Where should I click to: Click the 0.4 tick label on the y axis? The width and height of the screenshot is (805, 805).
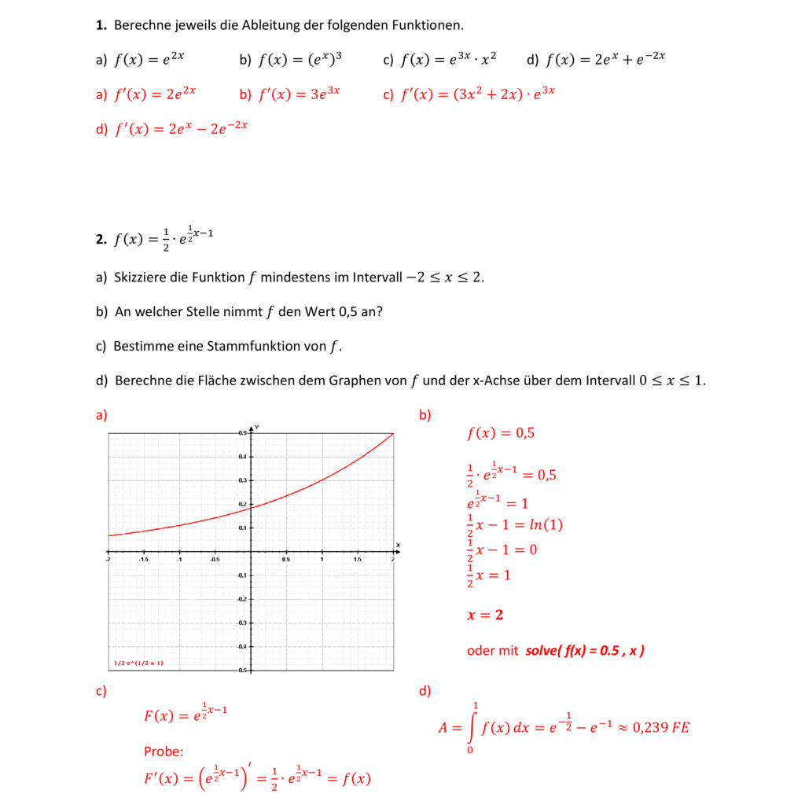click(x=243, y=456)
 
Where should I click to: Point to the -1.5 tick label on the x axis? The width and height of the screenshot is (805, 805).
click(x=143, y=560)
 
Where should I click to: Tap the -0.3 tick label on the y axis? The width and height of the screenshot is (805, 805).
click(x=242, y=623)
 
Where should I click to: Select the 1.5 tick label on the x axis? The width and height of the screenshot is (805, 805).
click(x=358, y=560)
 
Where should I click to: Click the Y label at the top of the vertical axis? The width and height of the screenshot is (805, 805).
click(x=257, y=427)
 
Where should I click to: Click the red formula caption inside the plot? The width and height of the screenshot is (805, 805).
click(x=138, y=663)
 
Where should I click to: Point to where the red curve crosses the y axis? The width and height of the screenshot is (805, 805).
click(x=251, y=508)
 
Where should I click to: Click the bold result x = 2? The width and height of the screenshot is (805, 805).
click(x=485, y=615)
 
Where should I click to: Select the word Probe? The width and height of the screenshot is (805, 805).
click(x=164, y=752)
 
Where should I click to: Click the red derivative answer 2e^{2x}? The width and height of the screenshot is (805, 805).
click(x=180, y=94)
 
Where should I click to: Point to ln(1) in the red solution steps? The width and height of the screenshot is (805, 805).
click(x=547, y=525)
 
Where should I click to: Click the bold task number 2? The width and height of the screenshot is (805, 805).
click(x=101, y=241)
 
